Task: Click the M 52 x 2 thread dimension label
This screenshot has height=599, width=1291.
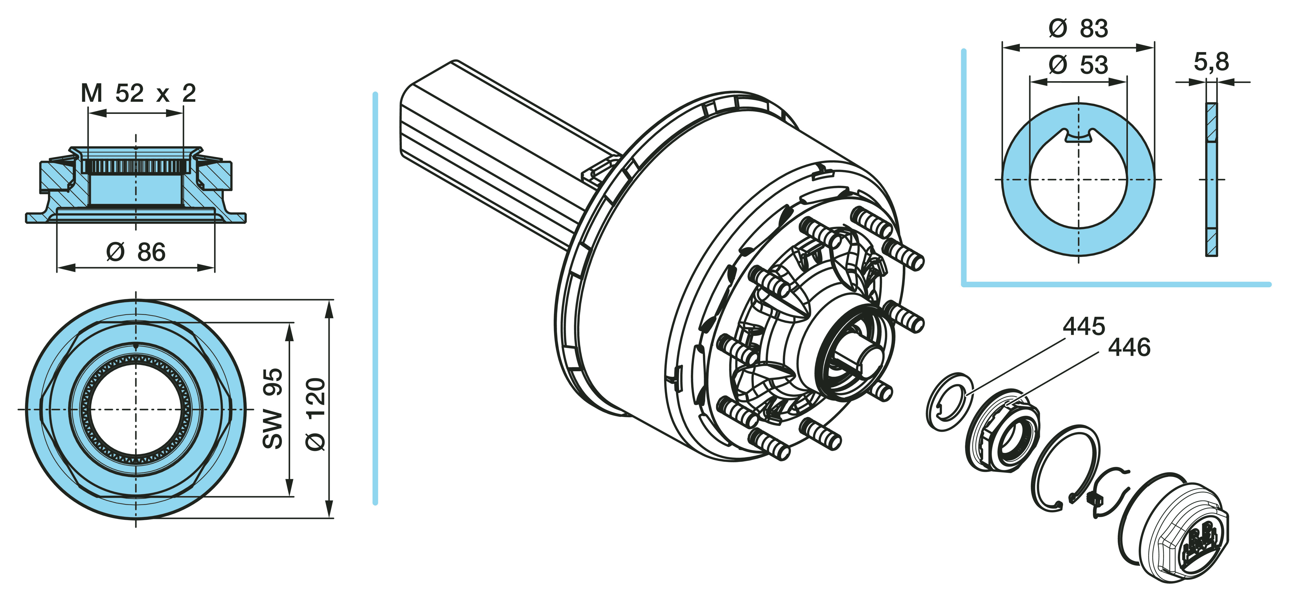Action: click(x=138, y=93)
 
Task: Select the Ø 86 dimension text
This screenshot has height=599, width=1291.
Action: click(x=136, y=252)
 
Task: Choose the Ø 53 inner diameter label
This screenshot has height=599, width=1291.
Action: click(x=1078, y=65)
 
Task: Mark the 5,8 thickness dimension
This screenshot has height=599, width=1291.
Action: click(x=1211, y=62)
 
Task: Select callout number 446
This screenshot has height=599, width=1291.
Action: click(x=1129, y=347)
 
